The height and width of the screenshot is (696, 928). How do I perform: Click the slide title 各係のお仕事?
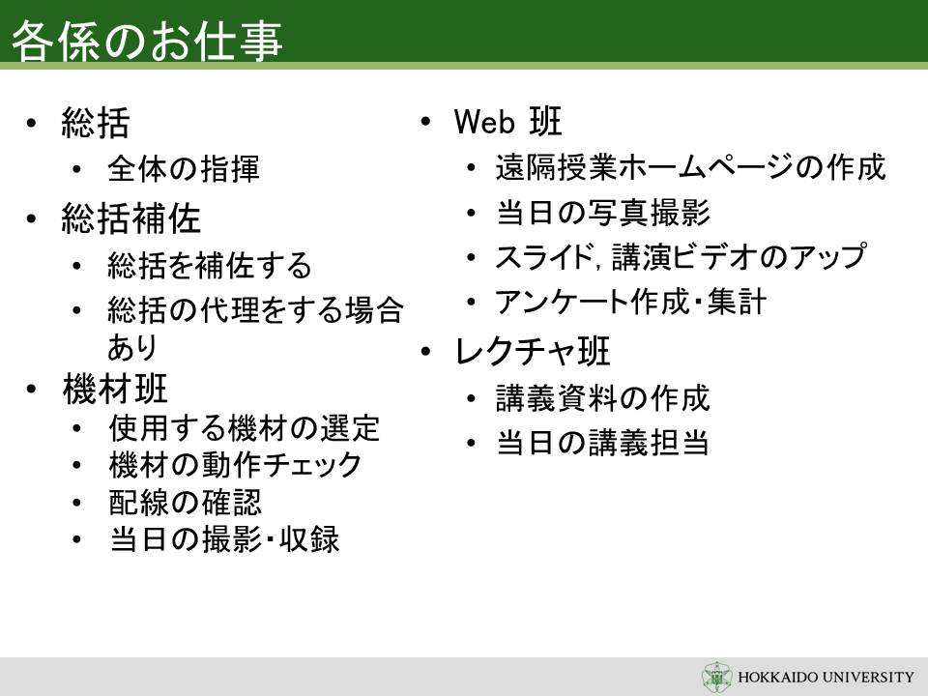(146, 41)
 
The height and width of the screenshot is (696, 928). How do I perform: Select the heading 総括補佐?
(130, 218)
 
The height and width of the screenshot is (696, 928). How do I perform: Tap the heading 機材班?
(114, 389)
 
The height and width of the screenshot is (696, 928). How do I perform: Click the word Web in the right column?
(484, 122)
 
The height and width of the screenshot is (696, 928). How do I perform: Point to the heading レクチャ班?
(532, 351)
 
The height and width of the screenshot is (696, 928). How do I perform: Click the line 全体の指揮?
(184, 168)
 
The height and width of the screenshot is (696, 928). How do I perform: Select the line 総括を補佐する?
(210, 265)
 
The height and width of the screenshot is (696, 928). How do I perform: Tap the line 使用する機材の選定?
(244, 428)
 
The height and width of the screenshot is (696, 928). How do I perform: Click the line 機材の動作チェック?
(235, 465)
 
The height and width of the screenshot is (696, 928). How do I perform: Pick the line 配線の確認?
(185, 503)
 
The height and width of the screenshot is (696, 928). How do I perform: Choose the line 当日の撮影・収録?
(224, 539)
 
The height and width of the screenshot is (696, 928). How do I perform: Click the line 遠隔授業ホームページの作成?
(690, 167)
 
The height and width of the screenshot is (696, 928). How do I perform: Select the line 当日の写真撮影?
(603, 212)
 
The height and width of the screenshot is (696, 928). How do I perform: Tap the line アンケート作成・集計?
(631, 302)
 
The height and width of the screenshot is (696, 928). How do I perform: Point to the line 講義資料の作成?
(602, 397)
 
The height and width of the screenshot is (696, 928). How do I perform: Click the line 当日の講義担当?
(602, 443)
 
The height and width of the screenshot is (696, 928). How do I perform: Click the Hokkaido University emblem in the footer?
(716, 677)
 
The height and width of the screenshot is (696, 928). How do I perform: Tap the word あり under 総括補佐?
(132, 347)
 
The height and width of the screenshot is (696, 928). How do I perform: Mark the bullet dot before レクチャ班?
(425, 352)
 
